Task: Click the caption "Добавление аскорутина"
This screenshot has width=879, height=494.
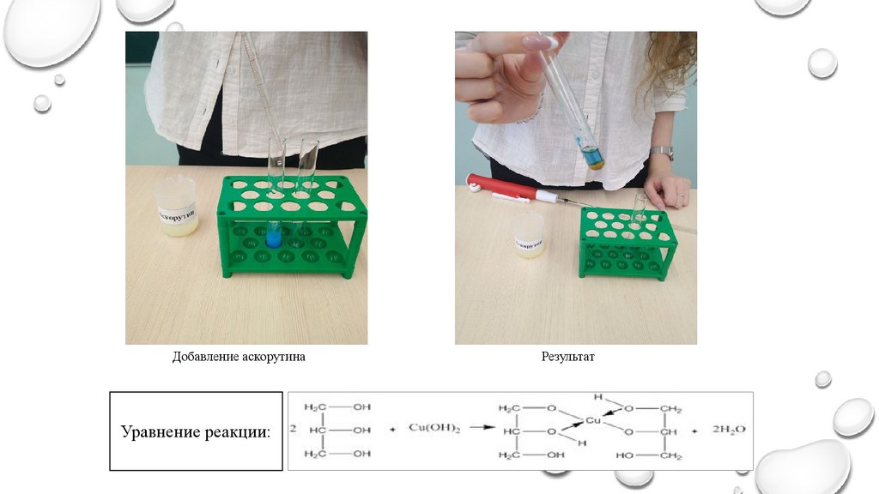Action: click(x=239, y=357)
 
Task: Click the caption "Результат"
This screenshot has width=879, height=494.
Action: click(x=567, y=357)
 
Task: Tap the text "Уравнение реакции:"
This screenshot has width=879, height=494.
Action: click(x=195, y=432)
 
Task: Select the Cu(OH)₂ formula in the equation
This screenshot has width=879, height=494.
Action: click(x=434, y=428)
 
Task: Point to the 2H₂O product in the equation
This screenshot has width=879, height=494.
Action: click(x=729, y=429)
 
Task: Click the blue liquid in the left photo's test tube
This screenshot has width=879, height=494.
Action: click(x=274, y=237)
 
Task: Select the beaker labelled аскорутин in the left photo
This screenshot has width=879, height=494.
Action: click(x=178, y=206)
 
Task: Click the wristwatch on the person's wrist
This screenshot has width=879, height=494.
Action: click(x=661, y=153)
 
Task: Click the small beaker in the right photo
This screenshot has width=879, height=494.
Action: click(x=528, y=235)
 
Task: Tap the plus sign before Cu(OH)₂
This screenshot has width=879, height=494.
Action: click(x=392, y=429)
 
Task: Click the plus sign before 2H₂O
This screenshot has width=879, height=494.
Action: click(x=694, y=429)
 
